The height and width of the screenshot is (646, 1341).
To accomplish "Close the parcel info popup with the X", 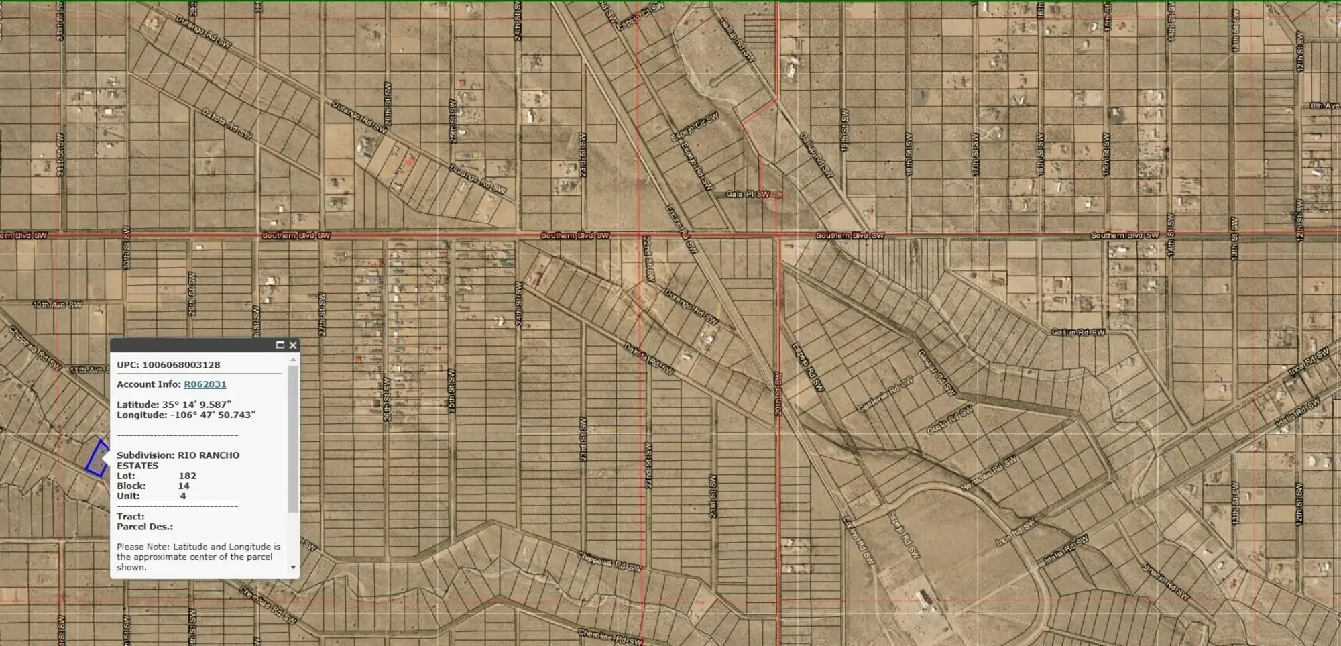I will [x=293, y=345].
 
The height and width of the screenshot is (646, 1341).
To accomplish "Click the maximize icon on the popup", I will [x=280, y=345].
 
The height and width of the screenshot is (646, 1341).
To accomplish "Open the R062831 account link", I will [x=205, y=384].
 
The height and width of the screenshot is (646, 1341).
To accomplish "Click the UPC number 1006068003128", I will [x=181, y=365].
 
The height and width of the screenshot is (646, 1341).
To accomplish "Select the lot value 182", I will [x=187, y=476].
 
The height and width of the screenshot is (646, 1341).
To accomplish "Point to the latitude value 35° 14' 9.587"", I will [x=196, y=405].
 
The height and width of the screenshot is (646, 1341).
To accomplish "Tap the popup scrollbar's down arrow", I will [x=293, y=568].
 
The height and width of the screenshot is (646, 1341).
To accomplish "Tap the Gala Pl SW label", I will [x=747, y=194].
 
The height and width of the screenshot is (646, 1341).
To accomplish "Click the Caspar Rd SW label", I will [x=936, y=372].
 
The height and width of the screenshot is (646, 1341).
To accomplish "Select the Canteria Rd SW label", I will [x=885, y=395].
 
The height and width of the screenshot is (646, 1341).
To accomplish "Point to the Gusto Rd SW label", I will [x=949, y=420].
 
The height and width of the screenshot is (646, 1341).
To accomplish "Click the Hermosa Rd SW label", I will [x=988, y=474].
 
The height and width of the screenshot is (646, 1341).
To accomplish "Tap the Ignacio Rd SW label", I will [x=1166, y=581].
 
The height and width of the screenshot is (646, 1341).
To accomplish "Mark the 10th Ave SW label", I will [x=58, y=305].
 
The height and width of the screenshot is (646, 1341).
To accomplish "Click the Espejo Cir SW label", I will [x=695, y=127].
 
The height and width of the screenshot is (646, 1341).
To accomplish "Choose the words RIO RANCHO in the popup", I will [x=209, y=455].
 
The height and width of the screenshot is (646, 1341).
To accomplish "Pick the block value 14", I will [x=183, y=486].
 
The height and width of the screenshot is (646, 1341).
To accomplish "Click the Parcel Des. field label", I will [x=144, y=527].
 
